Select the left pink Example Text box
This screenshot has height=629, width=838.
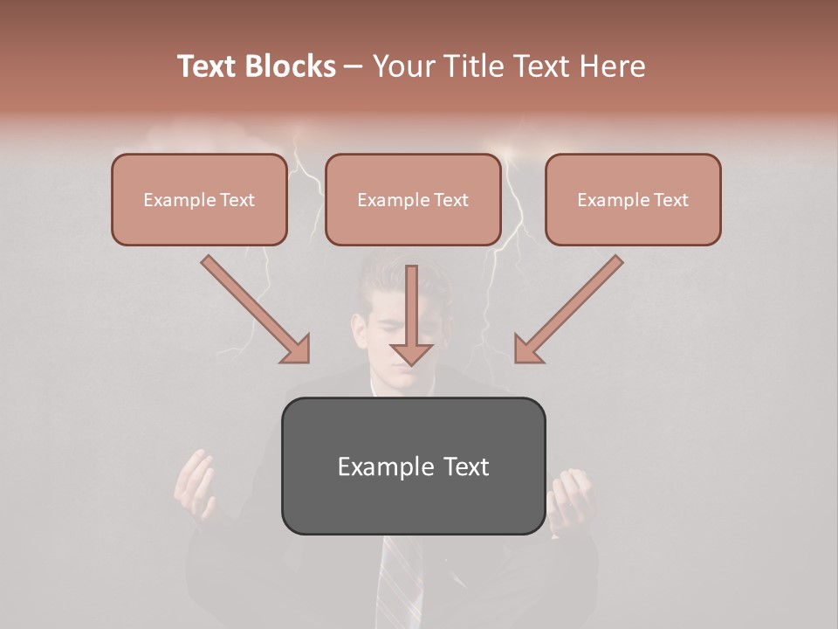click(x=199, y=199)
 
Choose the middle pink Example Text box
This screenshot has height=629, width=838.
click(x=413, y=199)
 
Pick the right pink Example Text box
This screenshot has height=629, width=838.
click(x=633, y=199)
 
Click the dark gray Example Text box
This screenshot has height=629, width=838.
click(x=413, y=466)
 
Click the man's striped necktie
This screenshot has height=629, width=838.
click(x=399, y=585)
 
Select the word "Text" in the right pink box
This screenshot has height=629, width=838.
click(x=670, y=200)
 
